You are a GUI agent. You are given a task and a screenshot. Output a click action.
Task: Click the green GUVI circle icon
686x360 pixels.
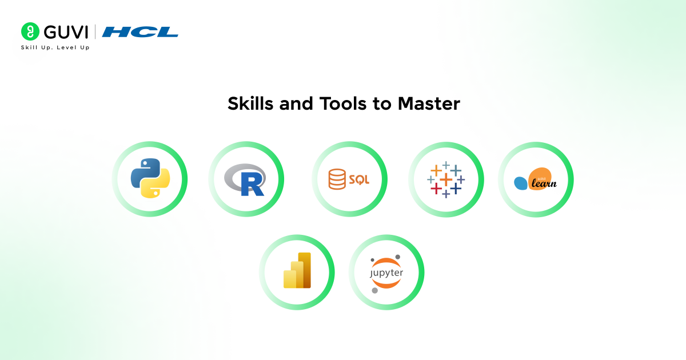(x=30, y=31)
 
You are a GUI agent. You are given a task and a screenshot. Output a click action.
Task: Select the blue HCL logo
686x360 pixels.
(x=140, y=31)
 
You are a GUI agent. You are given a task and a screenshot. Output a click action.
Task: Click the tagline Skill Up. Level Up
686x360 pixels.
(x=55, y=47)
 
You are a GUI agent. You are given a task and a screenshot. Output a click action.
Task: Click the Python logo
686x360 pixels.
(x=150, y=179)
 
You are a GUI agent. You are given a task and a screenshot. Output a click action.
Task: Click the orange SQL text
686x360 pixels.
(x=359, y=179)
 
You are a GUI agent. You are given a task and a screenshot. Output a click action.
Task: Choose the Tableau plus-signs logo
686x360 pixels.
(x=446, y=179)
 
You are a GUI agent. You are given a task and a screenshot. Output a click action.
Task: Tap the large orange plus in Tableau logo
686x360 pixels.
(x=446, y=179)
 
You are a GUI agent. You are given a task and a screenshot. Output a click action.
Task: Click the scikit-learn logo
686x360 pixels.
(x=536, y=179)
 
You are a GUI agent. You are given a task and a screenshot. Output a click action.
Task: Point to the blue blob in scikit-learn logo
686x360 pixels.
(x=521, y=183)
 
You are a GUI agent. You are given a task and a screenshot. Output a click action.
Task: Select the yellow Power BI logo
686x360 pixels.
(x=297, y=270)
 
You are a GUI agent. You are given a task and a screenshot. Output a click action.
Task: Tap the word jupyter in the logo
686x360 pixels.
(x=386, y=273)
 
